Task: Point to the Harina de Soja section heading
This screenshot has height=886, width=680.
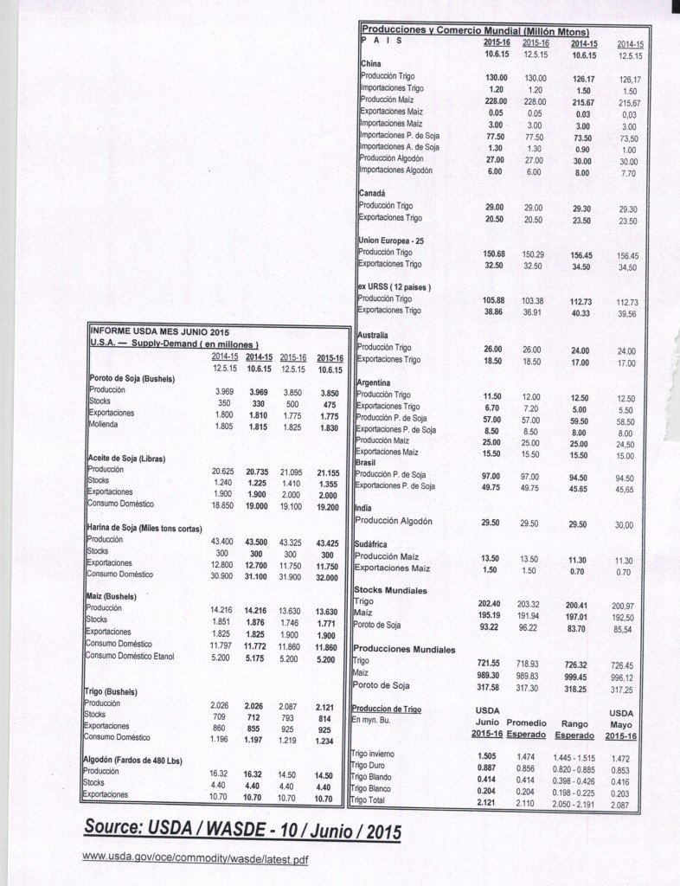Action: (144, 527)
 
